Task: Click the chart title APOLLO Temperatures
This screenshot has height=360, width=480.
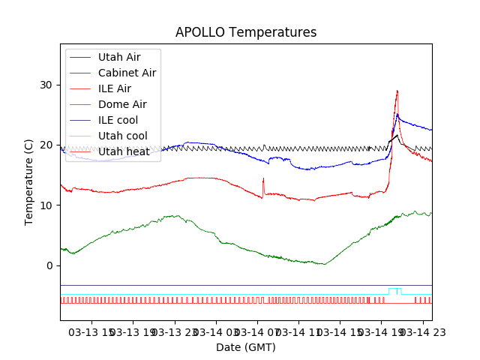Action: point(246,33)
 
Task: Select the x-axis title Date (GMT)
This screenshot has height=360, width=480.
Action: point(246,347)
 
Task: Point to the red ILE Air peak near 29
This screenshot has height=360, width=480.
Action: point(397,91)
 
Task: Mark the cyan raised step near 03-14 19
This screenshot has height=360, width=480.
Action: point(394,289)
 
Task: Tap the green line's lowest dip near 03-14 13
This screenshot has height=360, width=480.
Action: point(323,264)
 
